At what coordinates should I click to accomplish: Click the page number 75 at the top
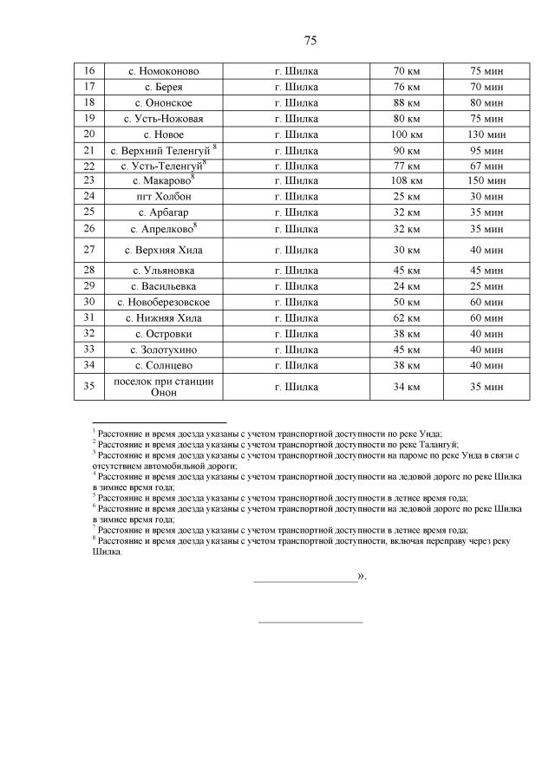pos(310,40)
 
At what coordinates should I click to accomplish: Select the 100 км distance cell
pos(407,134)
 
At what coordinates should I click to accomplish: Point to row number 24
pos(88,196)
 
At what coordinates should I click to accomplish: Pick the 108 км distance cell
pos(407,180)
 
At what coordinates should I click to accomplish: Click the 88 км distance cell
pos(407,102)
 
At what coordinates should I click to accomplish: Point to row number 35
pos(88,387)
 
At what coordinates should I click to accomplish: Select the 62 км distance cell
pos(407,317)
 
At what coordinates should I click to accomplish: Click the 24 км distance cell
pos(407,286)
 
